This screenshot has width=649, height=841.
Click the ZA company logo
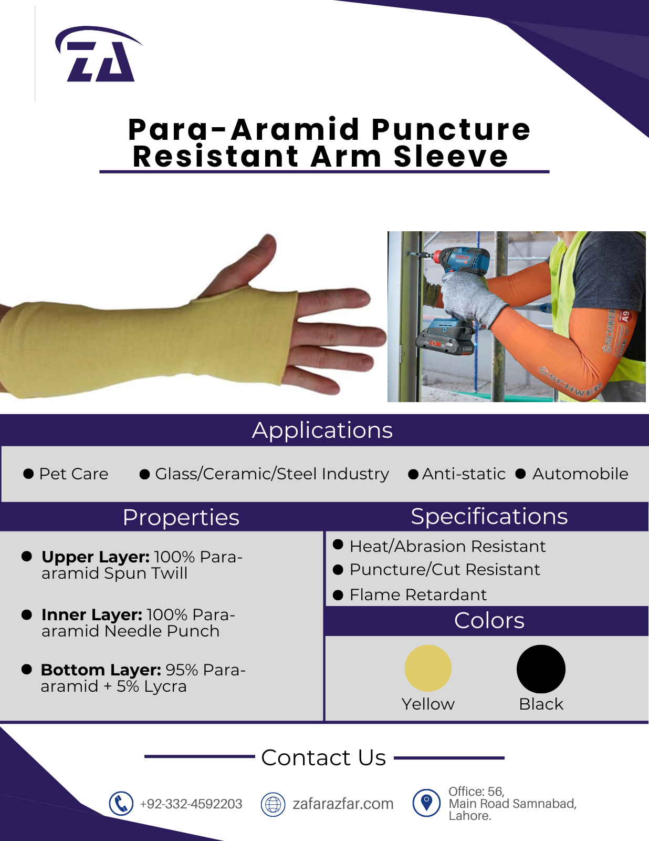point(99,54)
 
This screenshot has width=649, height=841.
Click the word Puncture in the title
point(451,129)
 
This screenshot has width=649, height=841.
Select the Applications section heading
point(322,430)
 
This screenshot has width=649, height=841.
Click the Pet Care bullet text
point(74,474)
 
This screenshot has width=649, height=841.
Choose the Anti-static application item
point(464,474)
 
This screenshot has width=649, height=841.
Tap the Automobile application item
point(580,474)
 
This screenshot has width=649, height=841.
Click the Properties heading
point(181,517)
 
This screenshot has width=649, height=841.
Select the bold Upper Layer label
point(96,557)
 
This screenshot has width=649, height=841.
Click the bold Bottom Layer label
point(101,670)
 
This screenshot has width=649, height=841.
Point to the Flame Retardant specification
point(418,594)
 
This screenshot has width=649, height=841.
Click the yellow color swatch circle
point(428,668)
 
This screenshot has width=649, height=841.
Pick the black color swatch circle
point(541,669)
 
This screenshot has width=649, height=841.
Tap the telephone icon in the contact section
point(121,804)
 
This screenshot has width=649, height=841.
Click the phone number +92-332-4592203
point(191,804)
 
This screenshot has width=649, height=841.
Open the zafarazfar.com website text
point(343,804)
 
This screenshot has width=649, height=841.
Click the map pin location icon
point(426,803)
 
